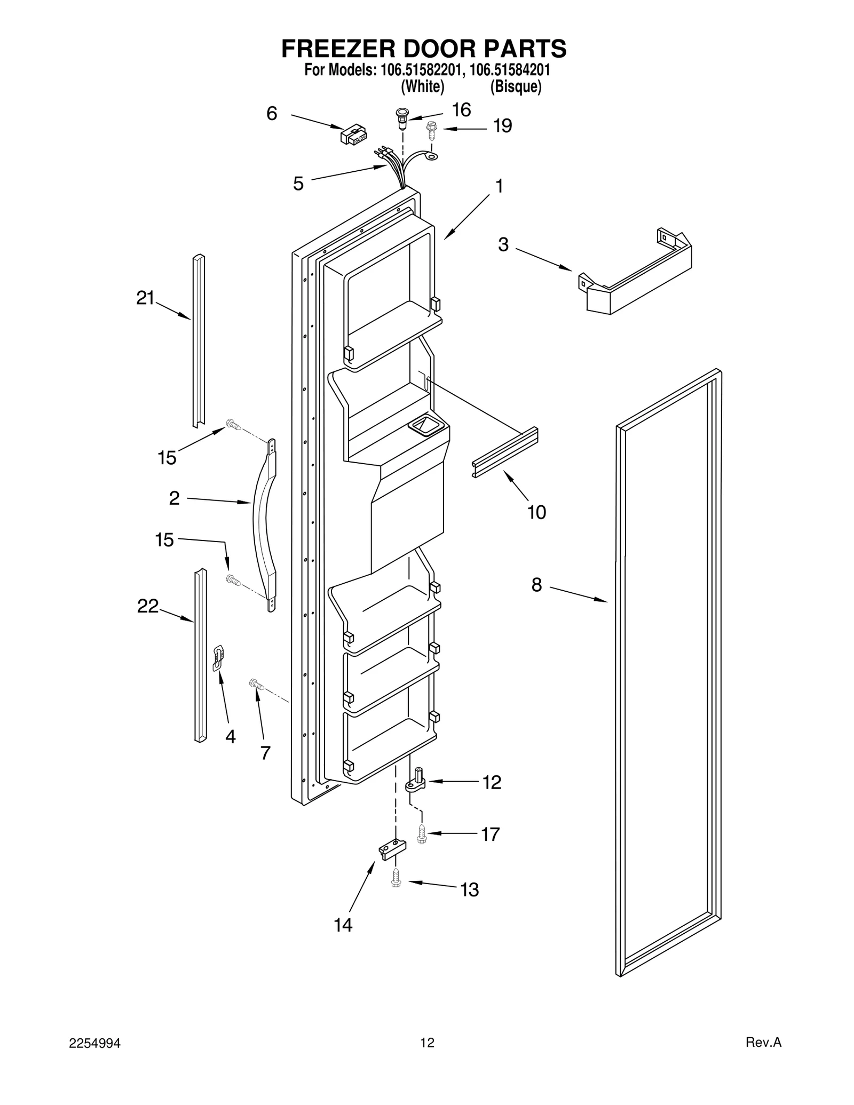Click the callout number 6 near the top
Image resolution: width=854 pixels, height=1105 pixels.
point(272,114)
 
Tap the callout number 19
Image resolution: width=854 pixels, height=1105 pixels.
point(502,126)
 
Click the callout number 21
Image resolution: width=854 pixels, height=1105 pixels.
point(145,298)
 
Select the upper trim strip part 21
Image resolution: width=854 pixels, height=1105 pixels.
point(199,341)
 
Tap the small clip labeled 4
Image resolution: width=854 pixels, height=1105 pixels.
point(218,657)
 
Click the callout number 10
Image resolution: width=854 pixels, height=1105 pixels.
point(536,512)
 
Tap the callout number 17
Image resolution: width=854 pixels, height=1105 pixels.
point(490,833)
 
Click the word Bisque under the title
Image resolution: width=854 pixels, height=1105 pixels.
point(516,86)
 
